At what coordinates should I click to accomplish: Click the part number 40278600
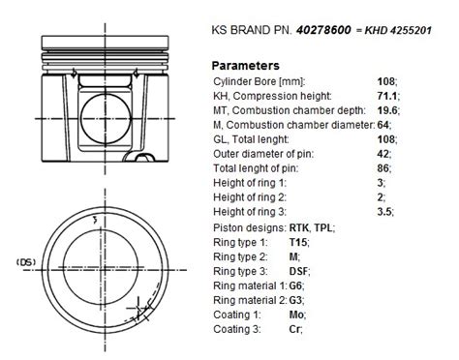click(323, 30)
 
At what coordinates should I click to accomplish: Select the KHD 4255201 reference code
click(398, 30)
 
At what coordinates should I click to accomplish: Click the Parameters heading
click(245, 66)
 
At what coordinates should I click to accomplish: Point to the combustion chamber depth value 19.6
click(387, 110)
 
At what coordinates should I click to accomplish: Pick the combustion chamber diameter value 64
click(382, 125)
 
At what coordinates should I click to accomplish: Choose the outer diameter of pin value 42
click(382, 154)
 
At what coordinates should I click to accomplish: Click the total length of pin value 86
click(382, 168)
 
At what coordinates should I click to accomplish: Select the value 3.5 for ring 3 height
click(384, 212)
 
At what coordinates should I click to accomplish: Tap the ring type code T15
click(298, 242)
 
